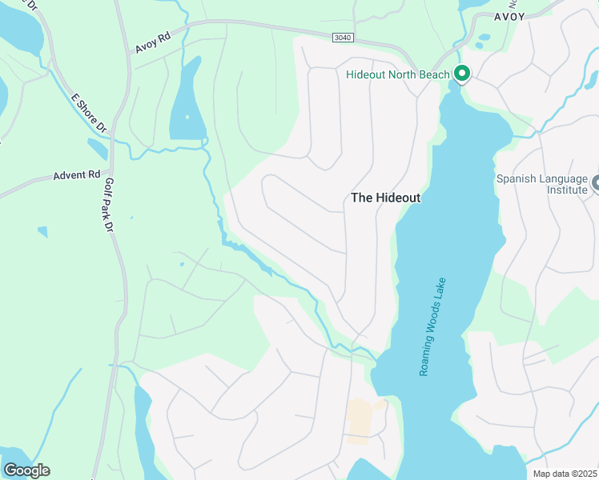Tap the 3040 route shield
[x=343, y=37]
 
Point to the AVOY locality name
[x=509, y=16]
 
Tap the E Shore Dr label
[x=88, y=113]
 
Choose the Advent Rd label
[x=76, y=174]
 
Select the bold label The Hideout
[x=386, y=198]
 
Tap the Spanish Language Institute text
[x=542, y=185]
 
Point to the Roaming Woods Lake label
[x=432, y=328]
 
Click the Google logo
[x=26, y=470]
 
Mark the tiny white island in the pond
[x=187, y=118]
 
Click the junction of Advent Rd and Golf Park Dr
[x=111, y=170]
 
